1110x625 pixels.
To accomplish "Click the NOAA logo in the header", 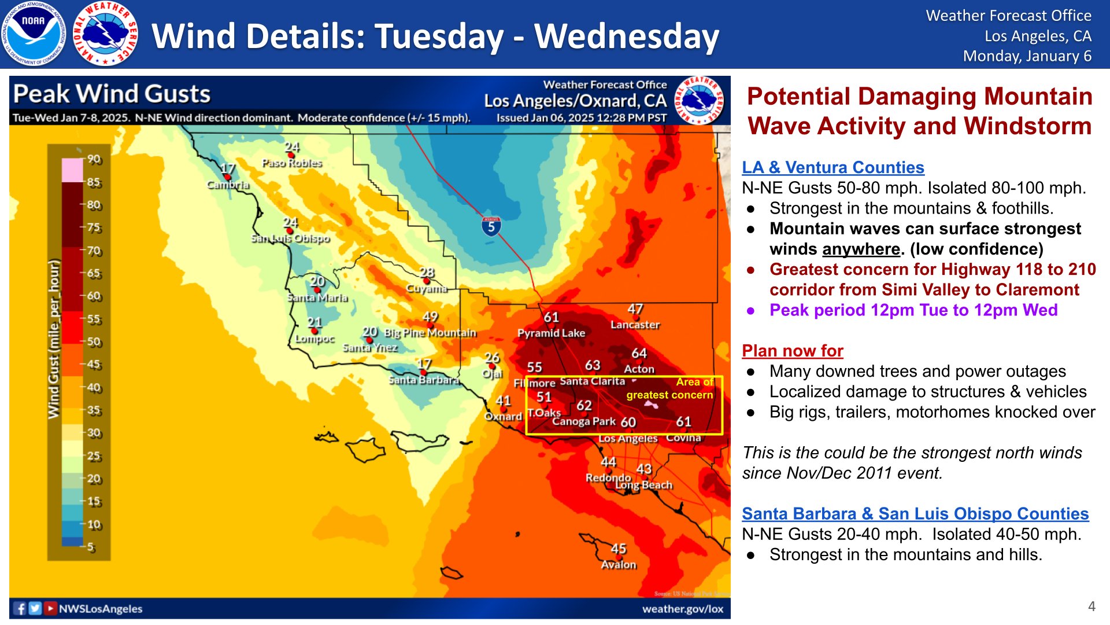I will point(33,34).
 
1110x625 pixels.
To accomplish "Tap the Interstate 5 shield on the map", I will point(491,226).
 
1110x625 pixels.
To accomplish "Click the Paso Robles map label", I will point(291,163).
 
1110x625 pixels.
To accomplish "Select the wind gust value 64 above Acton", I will point(639,353).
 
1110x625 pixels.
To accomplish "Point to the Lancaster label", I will point(635,325).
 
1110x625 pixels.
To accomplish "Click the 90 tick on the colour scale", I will point(94,159).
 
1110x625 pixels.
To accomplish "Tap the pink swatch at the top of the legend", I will point(73,170).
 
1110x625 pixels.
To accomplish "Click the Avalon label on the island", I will point(619,564).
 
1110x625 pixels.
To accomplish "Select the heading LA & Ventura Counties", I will point(832,167).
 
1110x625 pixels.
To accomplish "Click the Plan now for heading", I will point(792,351).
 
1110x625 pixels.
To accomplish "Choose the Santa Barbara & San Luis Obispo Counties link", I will point(915,513).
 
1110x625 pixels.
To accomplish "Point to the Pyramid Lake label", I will point(551,333).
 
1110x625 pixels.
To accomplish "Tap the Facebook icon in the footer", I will point(20,608).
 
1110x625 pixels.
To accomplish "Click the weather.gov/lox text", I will point(682,609).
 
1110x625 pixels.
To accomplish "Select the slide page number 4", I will point(1091,606).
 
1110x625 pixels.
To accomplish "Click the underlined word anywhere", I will point(861,249).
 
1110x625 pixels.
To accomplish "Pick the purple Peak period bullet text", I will point(913,310).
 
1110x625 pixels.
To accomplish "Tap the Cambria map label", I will point(228,185).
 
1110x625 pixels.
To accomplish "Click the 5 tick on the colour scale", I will point(91,547).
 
